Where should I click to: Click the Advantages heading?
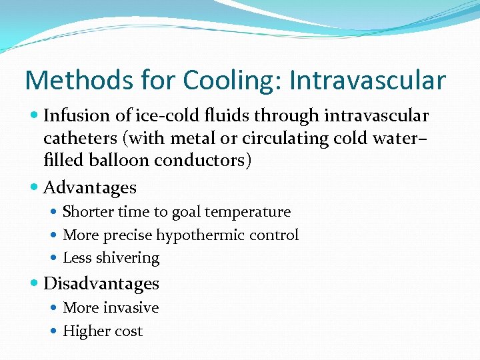point(90,188)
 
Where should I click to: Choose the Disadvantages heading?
point(101,283)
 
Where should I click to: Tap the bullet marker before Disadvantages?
point(35,283)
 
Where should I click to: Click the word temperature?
point(249,212)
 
